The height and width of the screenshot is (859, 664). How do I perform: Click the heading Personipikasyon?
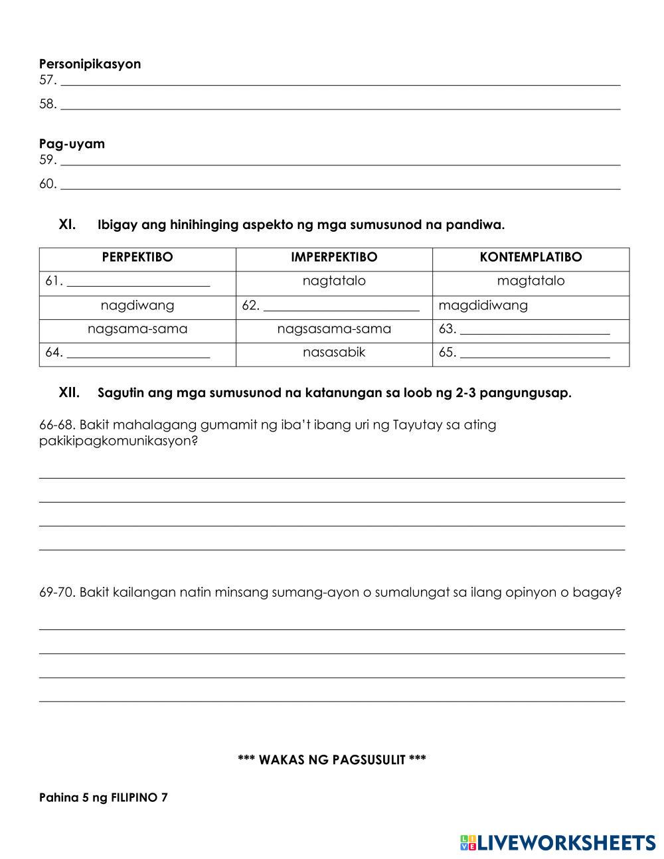(x=90, y=64)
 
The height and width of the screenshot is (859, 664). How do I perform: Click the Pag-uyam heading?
(x=72, y=144)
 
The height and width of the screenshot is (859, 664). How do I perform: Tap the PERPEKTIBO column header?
(x=137, y=258)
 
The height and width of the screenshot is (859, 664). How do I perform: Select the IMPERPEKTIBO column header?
(x=334, y=258)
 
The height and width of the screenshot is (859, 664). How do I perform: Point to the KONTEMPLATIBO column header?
(x=531, y=258)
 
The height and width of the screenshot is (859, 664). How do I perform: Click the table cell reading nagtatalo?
(x=334, y=281)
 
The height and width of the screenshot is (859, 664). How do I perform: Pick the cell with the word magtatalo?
(x=531, y=281)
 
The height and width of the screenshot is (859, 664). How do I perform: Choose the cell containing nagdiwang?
(x=137, y=306)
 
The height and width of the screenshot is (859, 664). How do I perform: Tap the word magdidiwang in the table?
(x=483, y=306)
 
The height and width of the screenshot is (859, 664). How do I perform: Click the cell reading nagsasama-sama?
(x=334, y=329)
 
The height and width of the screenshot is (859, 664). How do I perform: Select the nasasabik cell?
(x=334, y=352)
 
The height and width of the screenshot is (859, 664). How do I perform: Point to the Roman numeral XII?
(x=69, y=393)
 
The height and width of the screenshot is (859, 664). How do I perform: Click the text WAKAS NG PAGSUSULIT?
(x=332, y=760)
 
